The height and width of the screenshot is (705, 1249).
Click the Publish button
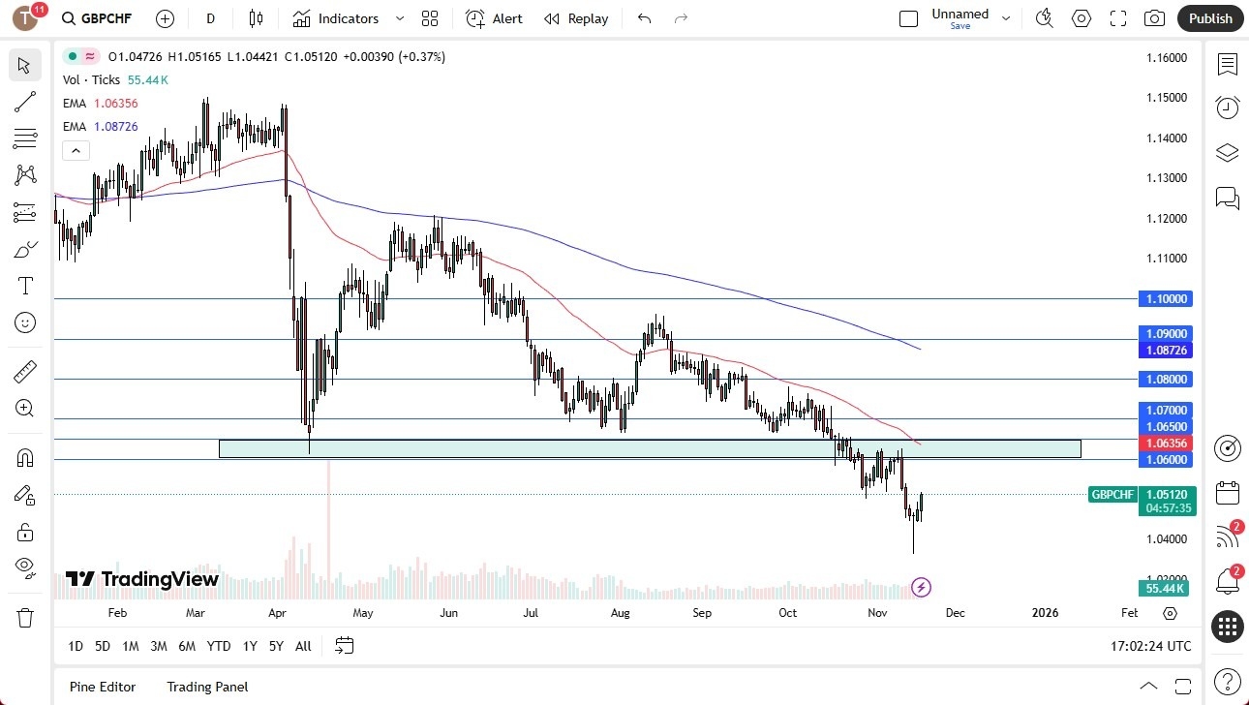tap(1210, 18)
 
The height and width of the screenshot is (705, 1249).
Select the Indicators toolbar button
tap(348, 18)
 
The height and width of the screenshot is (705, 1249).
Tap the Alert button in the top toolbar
tap(494, 18)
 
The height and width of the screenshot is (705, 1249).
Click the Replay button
tap(576, 18)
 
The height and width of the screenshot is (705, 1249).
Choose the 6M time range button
tap(187, 646)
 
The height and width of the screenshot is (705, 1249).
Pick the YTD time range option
tap(219, 646)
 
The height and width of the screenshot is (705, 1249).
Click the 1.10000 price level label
tap(1166, 299)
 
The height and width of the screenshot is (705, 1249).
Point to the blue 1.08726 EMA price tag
tap(1166, 350)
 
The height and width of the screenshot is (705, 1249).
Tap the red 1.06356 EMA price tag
tap(1166, 443)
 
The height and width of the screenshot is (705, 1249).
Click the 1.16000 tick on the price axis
tap(1166, 58)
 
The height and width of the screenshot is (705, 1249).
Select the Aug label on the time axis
tap(621, 613)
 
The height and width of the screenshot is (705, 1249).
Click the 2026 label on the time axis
tap(1045, 613)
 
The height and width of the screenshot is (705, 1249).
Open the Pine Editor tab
tap(103, 687)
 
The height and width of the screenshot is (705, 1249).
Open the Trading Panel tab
tap(207, 687)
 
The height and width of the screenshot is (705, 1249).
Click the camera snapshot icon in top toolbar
tap(1154, 18)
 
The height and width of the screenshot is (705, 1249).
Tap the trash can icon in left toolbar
tap(25, 617)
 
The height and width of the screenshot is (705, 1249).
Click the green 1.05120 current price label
tap(1166, 494)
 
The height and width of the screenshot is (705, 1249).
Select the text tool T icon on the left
tap(25, 286)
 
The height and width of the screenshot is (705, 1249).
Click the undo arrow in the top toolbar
tap(645, 18)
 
